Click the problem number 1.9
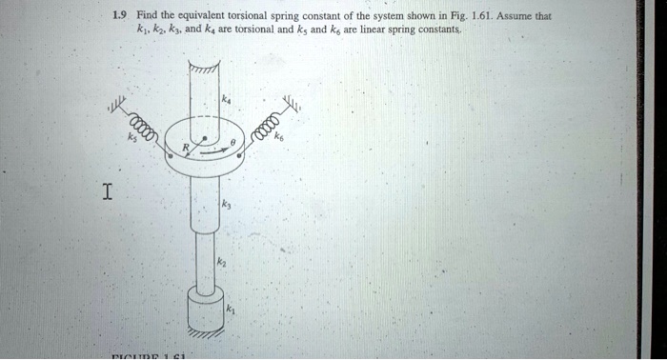pyautogui.click(x=118, y=15)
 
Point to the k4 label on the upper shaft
pyautogui.click(x=226, y=98)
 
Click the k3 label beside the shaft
pyautogui.click(x=225, y=204)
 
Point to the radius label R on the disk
pyautogui.click(x=189, y=149)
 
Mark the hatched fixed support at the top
pyautogui.click(x=204, y=70)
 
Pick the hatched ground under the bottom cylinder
pyautogui.click(x=206, y=333)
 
